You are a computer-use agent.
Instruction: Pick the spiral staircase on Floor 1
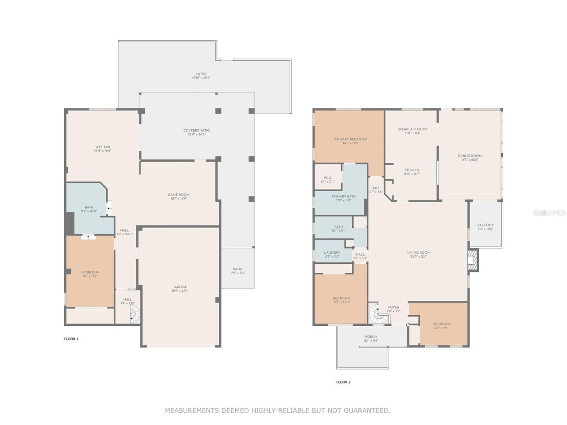click(135, 314)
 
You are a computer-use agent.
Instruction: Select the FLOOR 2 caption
click(343, 382)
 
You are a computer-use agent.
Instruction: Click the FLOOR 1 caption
click(71, 339)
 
